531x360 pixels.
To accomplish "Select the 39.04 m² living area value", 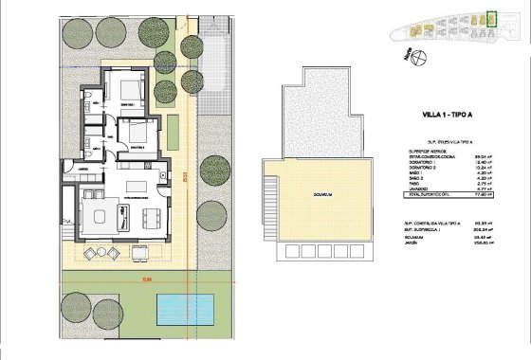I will tap(482, 157).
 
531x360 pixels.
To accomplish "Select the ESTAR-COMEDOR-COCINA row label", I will tap(428, 157).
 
